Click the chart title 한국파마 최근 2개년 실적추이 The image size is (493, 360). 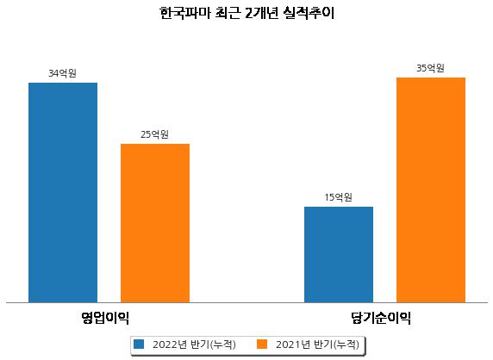coord(246,13)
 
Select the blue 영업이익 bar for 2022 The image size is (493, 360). coord(63,193)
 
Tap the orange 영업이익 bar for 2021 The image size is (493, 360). coord(155,223)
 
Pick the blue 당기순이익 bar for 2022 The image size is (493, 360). coord(339,254)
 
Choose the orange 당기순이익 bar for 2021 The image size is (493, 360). coord(431,190)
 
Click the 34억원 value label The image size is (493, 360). coord(62,73)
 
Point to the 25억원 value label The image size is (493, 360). coord(154,134)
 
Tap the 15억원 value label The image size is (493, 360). coord(339,197)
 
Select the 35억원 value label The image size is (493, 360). coord(430,68)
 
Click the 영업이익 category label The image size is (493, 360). coord(105,318)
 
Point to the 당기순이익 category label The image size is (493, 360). coord(381,318)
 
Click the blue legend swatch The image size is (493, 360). coord(139,344)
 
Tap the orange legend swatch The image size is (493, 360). coord(262,344)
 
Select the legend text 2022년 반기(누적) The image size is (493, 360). coord(194,344)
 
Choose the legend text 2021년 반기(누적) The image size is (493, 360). coord(317,344)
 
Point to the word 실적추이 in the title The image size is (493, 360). coord(309,13)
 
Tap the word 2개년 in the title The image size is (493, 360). coord(261,13)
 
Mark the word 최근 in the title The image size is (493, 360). coord(228,13)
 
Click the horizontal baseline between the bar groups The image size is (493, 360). coord(246,303)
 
